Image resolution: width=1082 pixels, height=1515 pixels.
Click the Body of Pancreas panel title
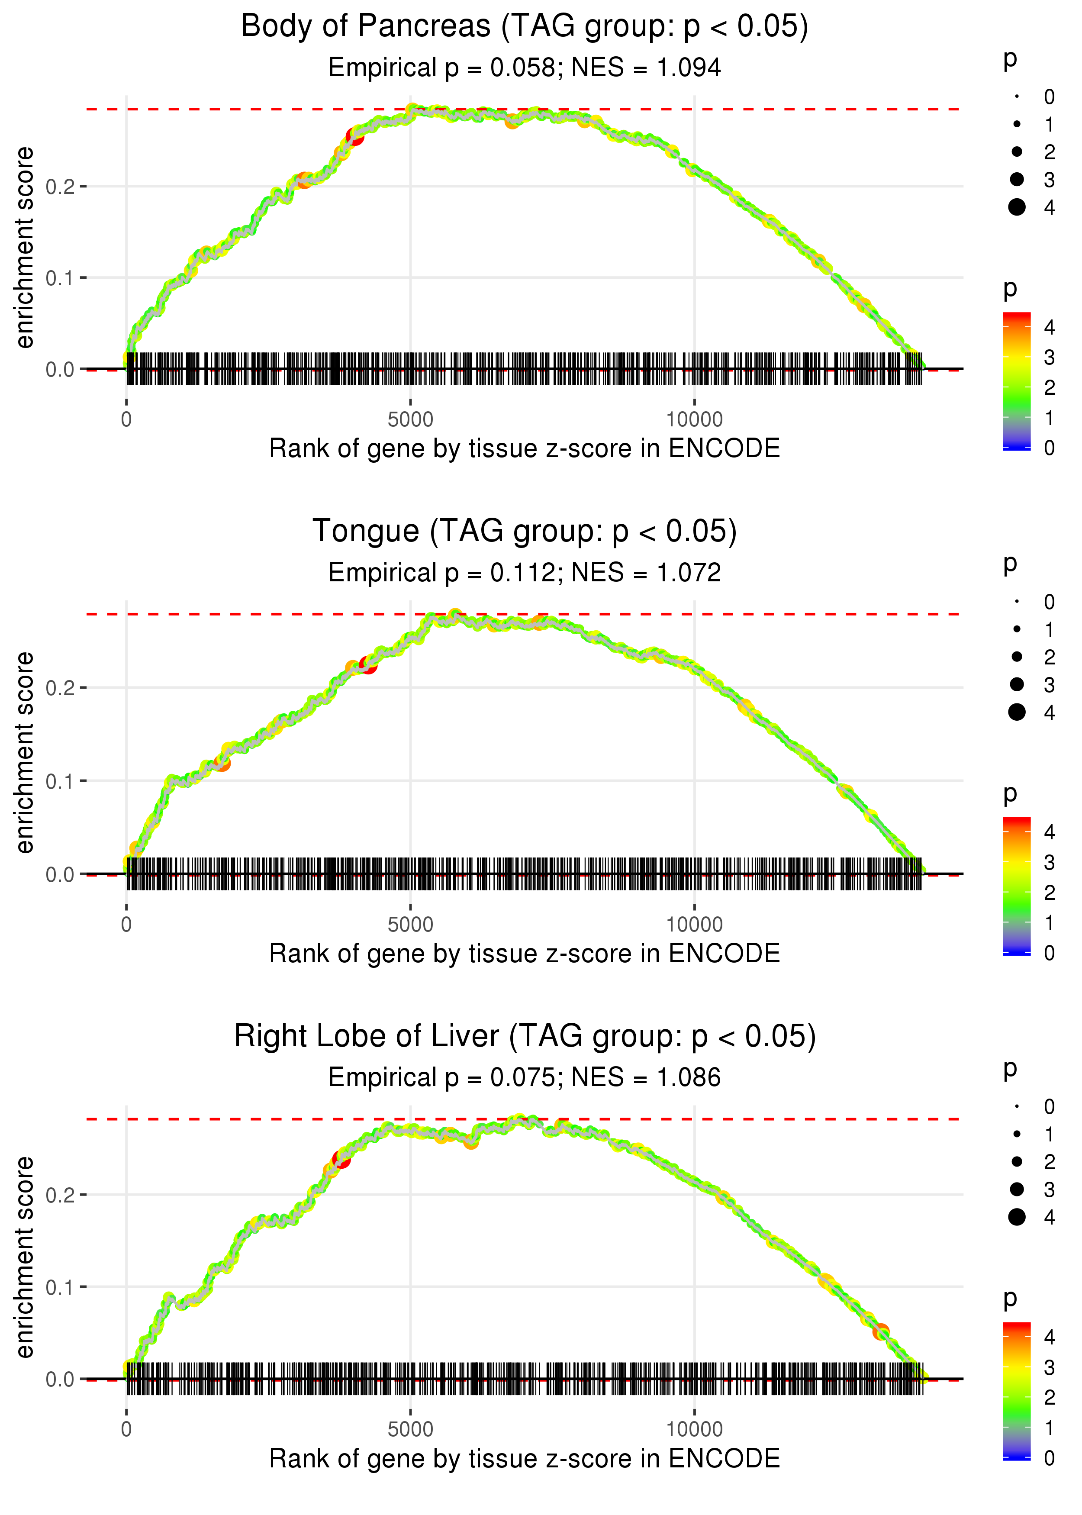point(525,27)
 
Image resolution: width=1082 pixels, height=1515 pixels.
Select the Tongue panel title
point(525,532)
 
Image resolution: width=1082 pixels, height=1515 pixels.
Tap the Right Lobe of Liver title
point(525,1037)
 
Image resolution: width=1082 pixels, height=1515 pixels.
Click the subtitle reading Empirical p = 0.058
point(525,68)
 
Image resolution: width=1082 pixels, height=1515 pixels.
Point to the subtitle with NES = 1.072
point(525,573)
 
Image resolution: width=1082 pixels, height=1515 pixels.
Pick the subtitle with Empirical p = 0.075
point(525,1078)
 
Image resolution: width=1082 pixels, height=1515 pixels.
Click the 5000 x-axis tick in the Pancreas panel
point(410,420)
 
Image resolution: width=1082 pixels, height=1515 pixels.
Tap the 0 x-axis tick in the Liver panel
point(126,1430)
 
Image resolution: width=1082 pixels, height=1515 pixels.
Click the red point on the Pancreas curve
point(355,137)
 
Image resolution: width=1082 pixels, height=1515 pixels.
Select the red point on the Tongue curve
point(368,664)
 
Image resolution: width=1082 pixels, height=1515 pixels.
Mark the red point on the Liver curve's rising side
point(342,1160)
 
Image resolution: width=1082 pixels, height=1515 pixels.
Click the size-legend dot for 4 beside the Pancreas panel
point(1017,207)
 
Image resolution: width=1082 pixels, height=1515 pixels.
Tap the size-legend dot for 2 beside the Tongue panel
point(1017,657)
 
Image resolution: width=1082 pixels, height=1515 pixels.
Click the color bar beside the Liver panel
point(1017,1390)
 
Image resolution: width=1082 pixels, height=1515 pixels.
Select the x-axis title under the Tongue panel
point(525,954)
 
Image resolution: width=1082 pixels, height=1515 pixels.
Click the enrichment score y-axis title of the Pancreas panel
point(25,248)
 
